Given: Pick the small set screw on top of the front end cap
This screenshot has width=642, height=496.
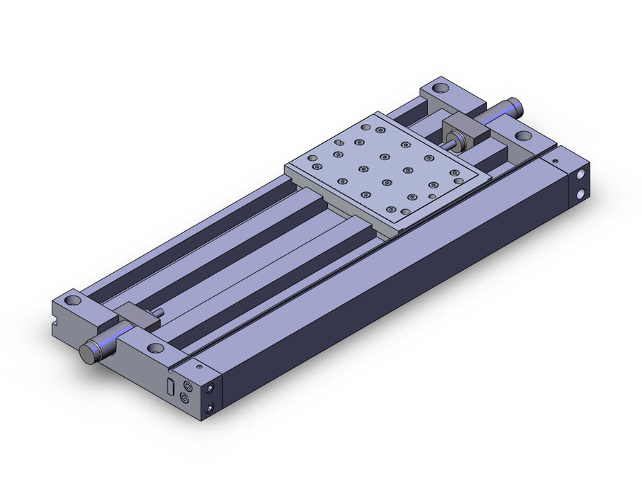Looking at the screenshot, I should tap(199, 368).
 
